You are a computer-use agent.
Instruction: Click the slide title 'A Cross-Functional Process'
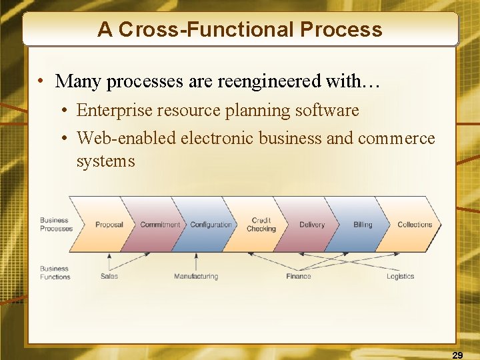point(240,30)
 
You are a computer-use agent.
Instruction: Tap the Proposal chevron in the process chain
point(109,225)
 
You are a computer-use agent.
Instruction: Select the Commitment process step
point(160,225)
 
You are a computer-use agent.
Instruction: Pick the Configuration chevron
point(211,225)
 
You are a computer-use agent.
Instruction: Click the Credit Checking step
point(261,225)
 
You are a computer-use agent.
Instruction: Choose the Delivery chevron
point(312,225)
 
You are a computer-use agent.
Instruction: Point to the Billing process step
point(363,225)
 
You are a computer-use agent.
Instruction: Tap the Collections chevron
point(415,225)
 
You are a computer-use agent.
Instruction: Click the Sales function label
point(109,276)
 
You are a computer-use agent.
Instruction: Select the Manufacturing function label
point(196,276)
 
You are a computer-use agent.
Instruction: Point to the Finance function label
point(299,276)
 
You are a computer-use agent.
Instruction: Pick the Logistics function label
point(400,276)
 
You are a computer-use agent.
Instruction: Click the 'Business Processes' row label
point(56,225)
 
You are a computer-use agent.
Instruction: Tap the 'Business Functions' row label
point(55,273)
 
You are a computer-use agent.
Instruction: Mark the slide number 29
point(457,355)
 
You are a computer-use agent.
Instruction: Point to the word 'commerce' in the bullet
point(396,138)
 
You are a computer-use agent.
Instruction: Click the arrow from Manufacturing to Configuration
point(196,261)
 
